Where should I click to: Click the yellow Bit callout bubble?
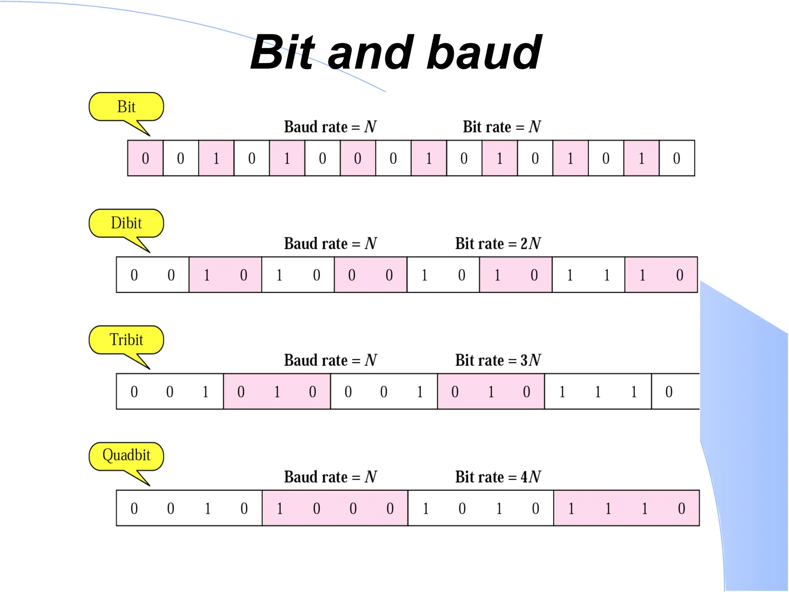(126, 107)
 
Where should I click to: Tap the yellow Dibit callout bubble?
(126, 224)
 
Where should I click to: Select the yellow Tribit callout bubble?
(126, 340)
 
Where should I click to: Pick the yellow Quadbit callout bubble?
(126, 456)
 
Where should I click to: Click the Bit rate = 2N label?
(498, 244)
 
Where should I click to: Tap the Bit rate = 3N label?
(498, 360)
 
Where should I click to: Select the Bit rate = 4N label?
(498, 477)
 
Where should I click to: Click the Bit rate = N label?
(502, 127)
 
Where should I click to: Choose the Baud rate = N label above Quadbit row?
(330, 477)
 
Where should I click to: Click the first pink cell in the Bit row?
(145, 158)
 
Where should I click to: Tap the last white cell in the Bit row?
(677, 158)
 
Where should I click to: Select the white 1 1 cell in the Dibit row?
(588, 275)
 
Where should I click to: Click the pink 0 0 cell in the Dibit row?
(370, 275)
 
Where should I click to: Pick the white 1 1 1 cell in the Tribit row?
(598, 392)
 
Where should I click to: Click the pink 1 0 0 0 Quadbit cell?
(335, 508)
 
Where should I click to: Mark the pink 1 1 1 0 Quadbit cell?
(626, 508)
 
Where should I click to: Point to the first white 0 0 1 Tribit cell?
(170, 392)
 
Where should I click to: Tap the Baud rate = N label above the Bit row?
(330, 127)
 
